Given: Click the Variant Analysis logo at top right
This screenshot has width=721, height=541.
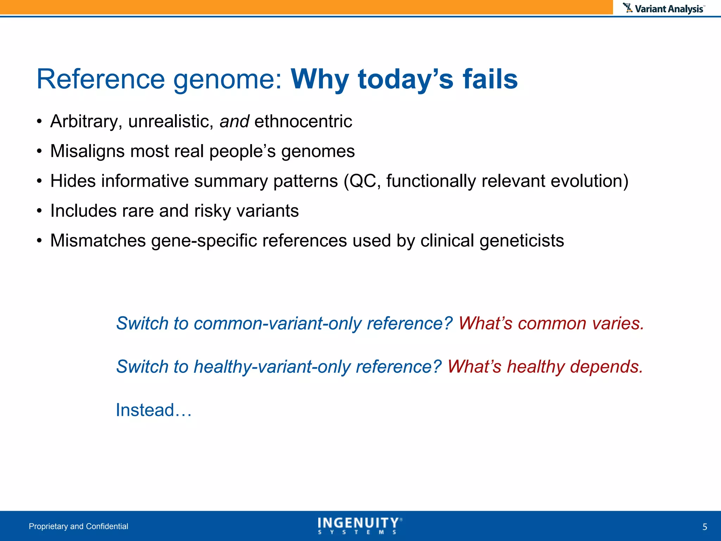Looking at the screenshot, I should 664,8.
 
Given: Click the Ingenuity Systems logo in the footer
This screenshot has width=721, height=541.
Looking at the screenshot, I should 359,526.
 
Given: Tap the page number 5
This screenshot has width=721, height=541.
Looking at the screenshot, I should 704,527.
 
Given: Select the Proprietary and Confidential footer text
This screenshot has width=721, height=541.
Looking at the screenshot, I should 79,526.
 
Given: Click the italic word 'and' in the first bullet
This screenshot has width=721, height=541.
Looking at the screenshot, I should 234,122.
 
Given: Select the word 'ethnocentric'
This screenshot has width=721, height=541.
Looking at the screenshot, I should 303,122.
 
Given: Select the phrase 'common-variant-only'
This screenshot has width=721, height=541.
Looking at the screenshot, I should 277,323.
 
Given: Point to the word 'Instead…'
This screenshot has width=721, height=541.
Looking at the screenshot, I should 154,410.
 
